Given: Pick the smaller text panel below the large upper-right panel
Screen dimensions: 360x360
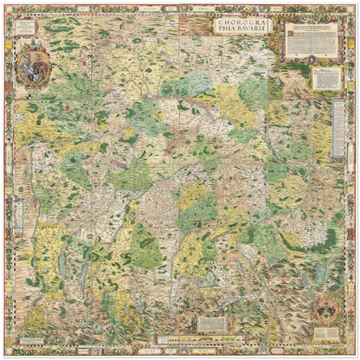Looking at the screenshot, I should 326,78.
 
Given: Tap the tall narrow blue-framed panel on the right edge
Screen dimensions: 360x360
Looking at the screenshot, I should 346,130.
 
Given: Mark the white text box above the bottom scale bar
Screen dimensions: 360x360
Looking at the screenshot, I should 211,323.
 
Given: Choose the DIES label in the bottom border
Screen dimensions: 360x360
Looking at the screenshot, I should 204,353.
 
